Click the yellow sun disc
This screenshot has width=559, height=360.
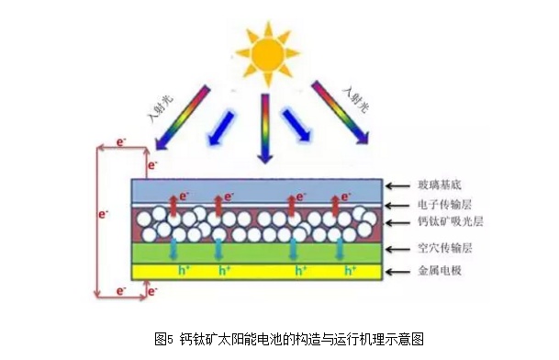point(268,54)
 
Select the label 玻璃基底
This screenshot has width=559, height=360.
point(440,185)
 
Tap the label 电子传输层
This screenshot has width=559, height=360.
point(445,205)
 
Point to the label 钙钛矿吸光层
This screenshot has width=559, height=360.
point(451,221)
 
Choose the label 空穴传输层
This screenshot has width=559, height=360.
point(445,248)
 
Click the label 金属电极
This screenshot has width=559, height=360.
point(440,270)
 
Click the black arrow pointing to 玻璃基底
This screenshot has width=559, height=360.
point(397,186)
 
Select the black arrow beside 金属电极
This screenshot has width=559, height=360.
point(397,272)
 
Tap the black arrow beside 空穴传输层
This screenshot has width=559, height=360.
point(397,249)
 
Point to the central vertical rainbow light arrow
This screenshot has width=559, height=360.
point(265,129)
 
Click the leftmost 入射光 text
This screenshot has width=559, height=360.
point(160,108)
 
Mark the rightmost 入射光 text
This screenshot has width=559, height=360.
point(355,99)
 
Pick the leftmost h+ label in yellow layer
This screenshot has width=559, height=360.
point(184,271)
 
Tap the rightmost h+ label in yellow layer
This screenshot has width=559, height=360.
point(350,271)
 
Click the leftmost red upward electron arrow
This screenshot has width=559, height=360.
point(173,206)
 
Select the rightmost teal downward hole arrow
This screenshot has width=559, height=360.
point(340,249)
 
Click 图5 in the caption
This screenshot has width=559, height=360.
point(163,339)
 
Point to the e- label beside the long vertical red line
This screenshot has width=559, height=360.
point(103,214)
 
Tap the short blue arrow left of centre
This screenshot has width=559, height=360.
point(220,128)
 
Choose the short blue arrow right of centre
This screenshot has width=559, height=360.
point(297,125)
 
